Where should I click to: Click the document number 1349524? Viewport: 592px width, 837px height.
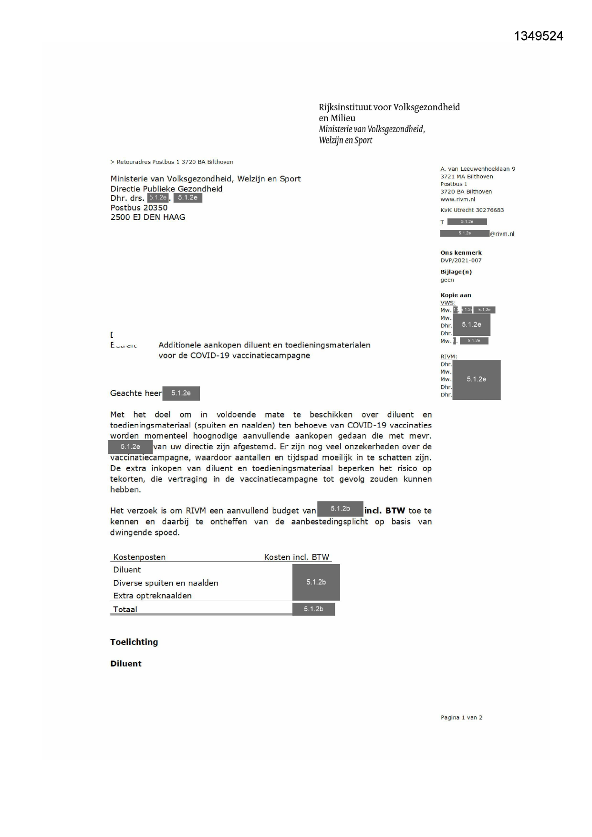click(x=539, y=36)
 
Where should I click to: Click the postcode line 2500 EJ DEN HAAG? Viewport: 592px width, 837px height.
click(x=148, y=217)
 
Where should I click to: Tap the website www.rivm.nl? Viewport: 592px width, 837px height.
click(x=457, y=199)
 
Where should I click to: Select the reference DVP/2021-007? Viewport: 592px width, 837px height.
click(x=461, y=261)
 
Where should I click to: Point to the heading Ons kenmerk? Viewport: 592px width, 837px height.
click(x=461, y=253)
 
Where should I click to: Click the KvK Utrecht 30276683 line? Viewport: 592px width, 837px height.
click(x=472, y=210)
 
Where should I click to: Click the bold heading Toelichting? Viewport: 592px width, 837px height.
click(x=134, y=642)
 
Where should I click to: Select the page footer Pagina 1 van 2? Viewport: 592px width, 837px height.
click(x=461, y=718)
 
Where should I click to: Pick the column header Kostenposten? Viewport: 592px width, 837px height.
click(x=139, y=557)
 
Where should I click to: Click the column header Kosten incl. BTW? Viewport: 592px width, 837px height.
click(x=296, y=557)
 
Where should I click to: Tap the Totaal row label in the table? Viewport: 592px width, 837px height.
click(x=125, y=609)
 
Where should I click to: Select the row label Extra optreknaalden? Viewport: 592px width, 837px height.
click(x=152, y=596)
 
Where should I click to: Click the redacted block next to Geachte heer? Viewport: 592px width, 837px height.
click(x=181, y=393)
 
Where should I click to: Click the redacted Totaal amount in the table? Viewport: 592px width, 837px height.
click(x=313, y=609)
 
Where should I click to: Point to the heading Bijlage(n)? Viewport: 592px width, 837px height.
click(x=456, y=272)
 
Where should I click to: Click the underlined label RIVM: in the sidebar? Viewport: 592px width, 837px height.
click(x=449, y=356)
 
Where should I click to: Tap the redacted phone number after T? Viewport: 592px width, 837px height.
click(x=467, y=222)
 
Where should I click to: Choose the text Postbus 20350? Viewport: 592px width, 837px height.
click(x=139, y=208)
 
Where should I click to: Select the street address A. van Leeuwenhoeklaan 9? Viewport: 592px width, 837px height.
click(x=478, y=169)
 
